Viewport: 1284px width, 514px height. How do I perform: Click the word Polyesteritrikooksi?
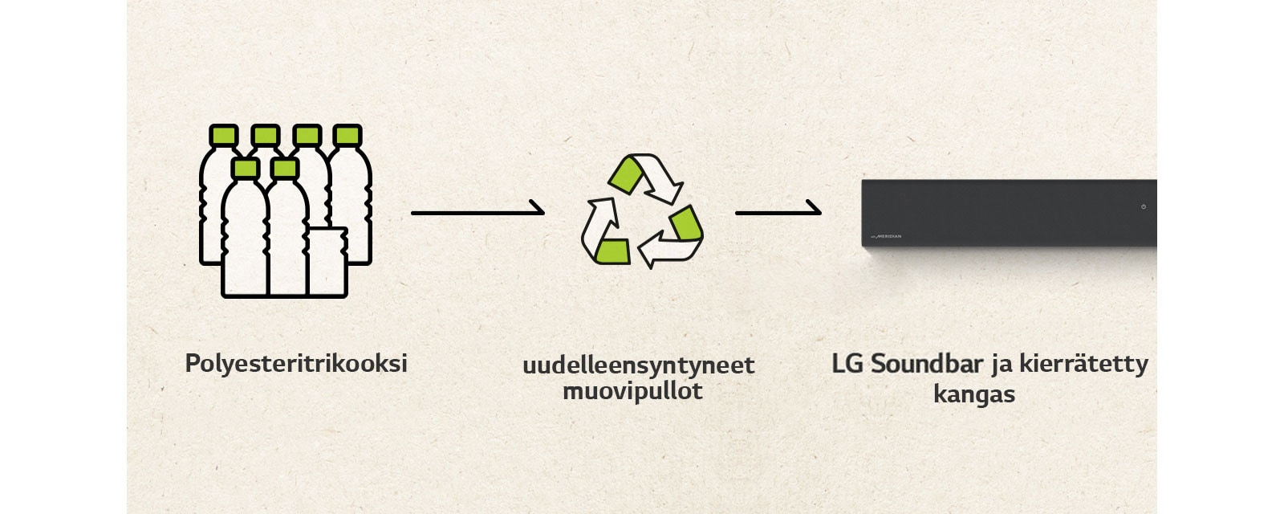tap(296, 363)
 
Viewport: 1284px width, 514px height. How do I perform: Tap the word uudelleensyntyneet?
tap(638, 365)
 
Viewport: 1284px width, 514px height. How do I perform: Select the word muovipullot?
tap(632, 391)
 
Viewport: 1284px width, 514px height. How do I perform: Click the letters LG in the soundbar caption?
tap(847, 363)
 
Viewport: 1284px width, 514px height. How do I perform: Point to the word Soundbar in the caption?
tap(927, 363)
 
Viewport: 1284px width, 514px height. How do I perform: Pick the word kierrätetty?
tap(1083, 363)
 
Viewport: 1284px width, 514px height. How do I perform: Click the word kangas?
tap(973, 394)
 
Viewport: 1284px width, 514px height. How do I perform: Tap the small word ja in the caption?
tap(1002, 365)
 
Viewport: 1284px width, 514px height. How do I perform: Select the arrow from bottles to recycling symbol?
tap(477, 212)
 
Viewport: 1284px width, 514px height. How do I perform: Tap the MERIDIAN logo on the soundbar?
tap(886, 236)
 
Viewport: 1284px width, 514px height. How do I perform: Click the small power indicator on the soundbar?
tap(1144, 206)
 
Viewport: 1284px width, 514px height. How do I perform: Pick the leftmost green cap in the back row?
tap(224, 135)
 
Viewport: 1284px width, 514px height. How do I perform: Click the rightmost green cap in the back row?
tap(347, 135)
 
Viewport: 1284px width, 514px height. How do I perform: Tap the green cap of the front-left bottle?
tap(245, 168)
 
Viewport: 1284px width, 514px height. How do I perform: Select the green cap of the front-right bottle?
tap(285, 168)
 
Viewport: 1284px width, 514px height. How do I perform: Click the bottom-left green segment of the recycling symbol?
tap(612, 251)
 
